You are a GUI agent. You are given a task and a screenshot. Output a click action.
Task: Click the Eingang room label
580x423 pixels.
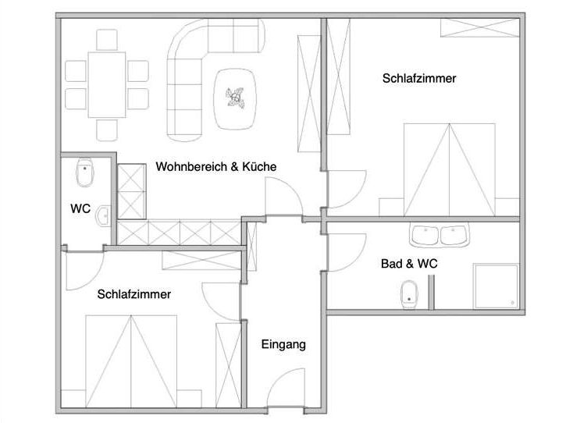pyautogui.click(x=283, y=345)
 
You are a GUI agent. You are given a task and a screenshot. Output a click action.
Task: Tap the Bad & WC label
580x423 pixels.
pyautogui.click(x=409, y=264)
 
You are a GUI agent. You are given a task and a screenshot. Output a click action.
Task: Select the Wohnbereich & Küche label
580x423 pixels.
pyautogui.click(x=216, y=166)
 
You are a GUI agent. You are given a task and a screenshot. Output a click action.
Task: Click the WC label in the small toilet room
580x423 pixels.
pyautogui.click(x=80, y=208)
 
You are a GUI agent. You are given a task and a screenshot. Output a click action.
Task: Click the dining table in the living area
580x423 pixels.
pyautogui.click(x=107, y=85)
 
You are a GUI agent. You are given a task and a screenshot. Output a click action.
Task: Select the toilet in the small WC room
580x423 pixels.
pyautogui.click(x=85, y=172)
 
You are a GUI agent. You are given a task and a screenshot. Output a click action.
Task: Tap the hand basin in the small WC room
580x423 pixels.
pyautogui.click(x=103, y=216)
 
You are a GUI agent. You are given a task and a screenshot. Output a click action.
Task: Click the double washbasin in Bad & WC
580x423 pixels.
pyautogui.click(x=439, y=235)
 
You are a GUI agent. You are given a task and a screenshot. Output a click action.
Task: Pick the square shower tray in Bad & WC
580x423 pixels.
pyautogui.click(x=496, y=286)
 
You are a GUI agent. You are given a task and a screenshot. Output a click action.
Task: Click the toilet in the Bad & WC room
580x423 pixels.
pyautogui.click(x=410, y=295)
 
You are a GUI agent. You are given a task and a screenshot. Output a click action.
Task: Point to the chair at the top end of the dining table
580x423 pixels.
pyautogui.click(x=107, y=40)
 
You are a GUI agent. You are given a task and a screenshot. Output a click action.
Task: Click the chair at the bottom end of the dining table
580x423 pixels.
pyautogui.click(x=107, y=130)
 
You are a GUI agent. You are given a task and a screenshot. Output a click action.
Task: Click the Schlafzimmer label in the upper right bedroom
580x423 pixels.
pyautogui.click(x=419, y=78)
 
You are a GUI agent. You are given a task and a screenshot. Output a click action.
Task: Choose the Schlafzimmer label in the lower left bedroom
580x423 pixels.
pyautogui.click(x=134, y=294)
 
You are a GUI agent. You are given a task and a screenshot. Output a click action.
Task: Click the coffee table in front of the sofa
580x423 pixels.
pyautogui.click(x=235, y=99)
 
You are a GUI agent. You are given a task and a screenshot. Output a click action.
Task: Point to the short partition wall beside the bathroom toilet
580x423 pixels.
pyautogui.click(x=431, y=292)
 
